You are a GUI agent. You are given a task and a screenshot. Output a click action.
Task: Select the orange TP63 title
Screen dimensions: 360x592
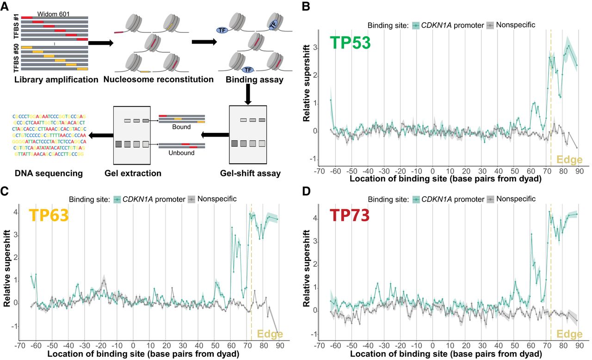[49, 216]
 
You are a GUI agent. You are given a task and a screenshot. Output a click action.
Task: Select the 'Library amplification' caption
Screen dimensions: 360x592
[56, 79]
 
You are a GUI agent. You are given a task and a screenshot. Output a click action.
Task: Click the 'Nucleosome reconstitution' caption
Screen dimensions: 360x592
[158, 79]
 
